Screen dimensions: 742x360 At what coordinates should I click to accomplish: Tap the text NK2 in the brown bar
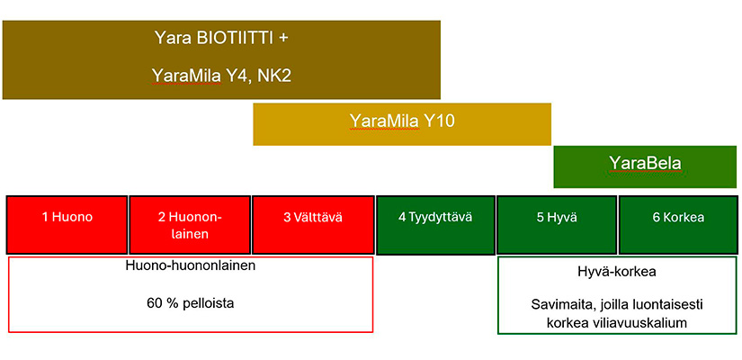pyautogui.click(x=273, y=76)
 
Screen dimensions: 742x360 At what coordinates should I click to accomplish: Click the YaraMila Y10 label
pyautogui.click(x=402, y=121)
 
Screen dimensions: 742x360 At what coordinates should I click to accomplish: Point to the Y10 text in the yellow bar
pyautogui.click(x=439, y=121)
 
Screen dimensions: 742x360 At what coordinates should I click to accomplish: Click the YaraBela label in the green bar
pyautogui.click(x=645, y=163)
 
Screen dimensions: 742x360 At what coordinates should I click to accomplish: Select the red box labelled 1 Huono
pyautogui.click(x=67, y=224)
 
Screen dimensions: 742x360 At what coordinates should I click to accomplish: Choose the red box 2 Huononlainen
pyautogui.click(x=190, y=224)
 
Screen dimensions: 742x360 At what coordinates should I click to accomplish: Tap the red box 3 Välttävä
pyautogui.click(x=313, y=224)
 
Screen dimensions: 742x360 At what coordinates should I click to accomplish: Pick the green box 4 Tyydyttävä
pyautogui.click(x=435, y=224)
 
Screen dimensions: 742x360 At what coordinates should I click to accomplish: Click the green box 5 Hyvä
pyautogui.click(x=557, y=224)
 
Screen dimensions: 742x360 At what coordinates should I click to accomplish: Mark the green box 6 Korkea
pyautogui.click(x=678, y=224)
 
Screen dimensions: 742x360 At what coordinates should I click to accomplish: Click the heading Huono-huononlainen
pyautogui.click(x=191, y=265)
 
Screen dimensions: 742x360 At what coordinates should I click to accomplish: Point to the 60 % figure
pyautogui.click(x=162, y=302)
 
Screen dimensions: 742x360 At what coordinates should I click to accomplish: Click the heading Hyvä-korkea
pyautogui.click(x=617, y=273)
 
